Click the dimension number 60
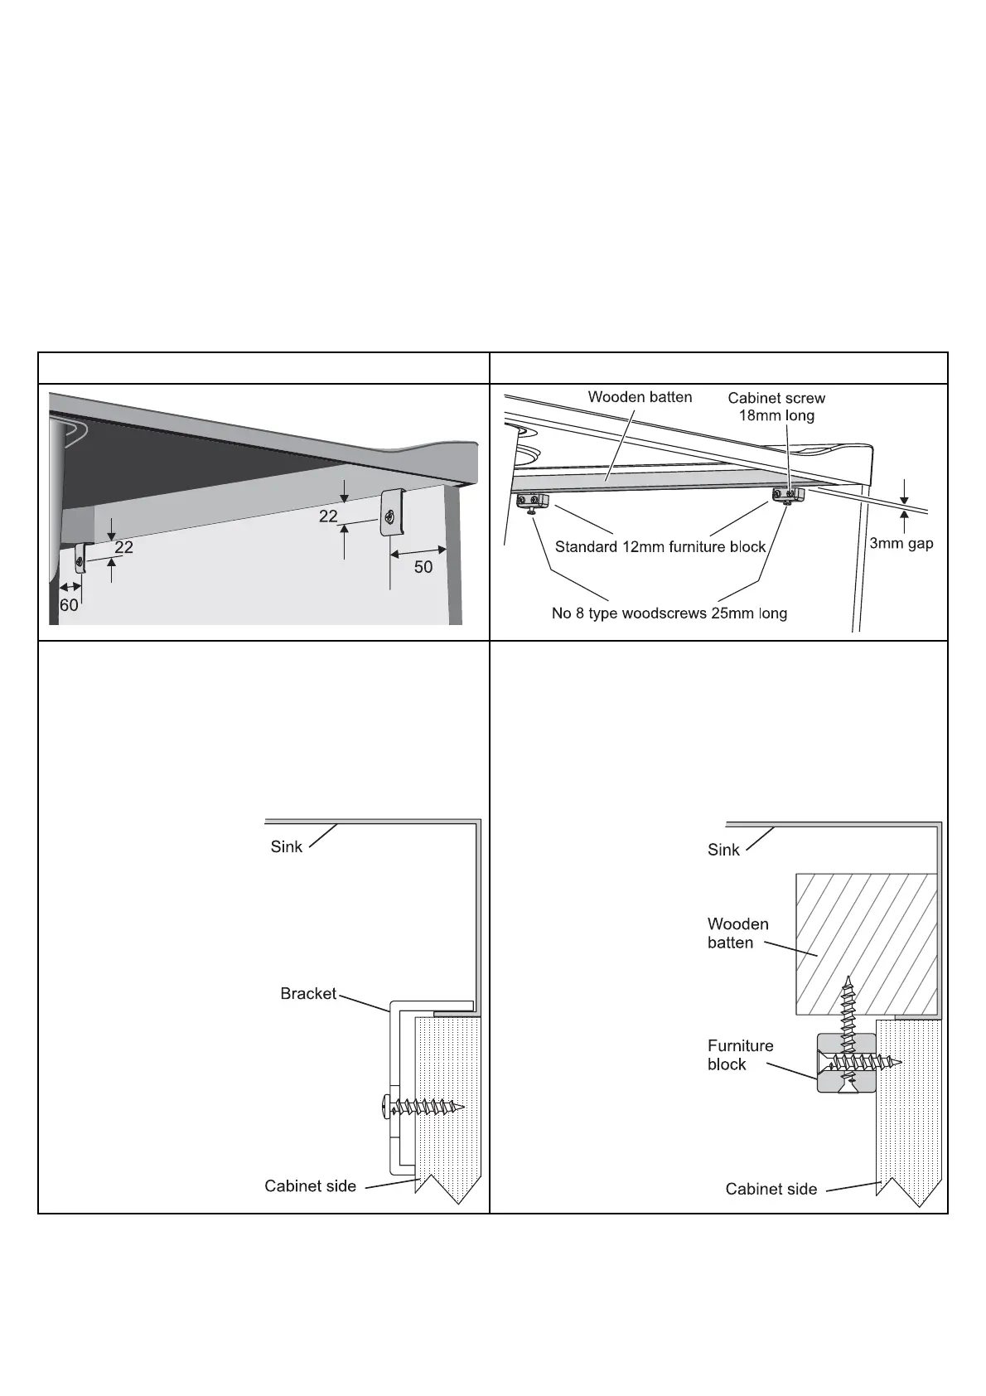pyautogui.click(x=69, y=605)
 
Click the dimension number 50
pyautogui.click(x=423, y=567)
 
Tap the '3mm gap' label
pyautogui.click(x=901, y=544)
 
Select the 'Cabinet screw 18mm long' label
pyautogui.click(x=776, y=407)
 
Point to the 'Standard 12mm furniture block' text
pyautogui.click(x=660, y=547)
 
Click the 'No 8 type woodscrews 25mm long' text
pyautogui.click(x=669, y=613)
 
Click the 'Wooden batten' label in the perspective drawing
pyautogui.click(x=640, y=397)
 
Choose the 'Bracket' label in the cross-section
pyautogui.click(x=308, y=993)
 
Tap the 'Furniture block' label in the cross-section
pyautogui.click(x=740, y=1055)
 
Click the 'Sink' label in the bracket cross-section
pyautogui.click(x=287, y=846)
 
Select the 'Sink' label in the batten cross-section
pyautogui.click(x=723, y=850)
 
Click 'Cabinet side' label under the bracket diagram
pyautogui.click(x=310, y=1186)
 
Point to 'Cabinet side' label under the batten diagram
pyautogui.click(x=771, y=1190)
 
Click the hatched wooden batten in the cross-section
pyautogui.click(x=866, y=943)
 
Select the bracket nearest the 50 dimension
pyautogui.click(x=391, y=513)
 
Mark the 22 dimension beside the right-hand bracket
pyautogui.click(x=328, y=516)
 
